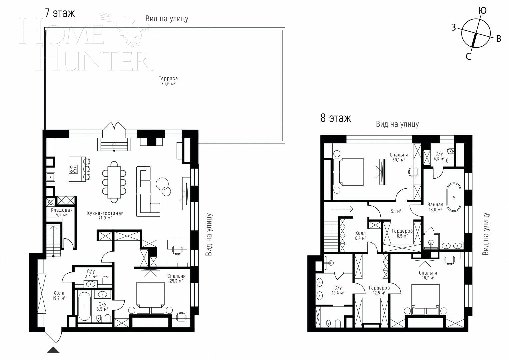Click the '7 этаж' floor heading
tap(60, 13)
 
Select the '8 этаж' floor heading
tap(335, 118)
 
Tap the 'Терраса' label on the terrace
tap(168, 79)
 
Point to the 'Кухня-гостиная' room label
tap(105, 213)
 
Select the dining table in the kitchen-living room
tap(114, 182)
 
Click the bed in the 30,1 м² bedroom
tap(348, 172)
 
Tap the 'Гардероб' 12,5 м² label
tap(379, 288)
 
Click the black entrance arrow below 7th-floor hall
tap(53, 350)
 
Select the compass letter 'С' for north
tap(468, 57)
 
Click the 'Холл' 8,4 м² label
tap(360, 233)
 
